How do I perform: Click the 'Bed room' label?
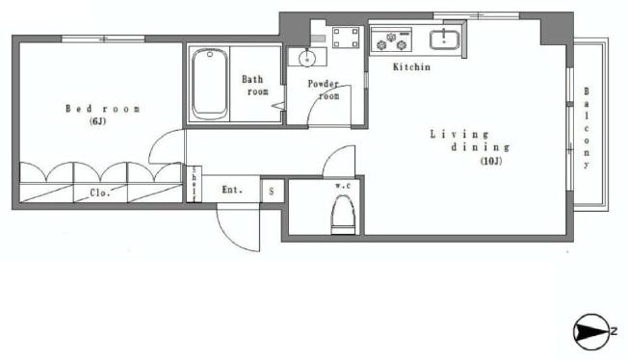click(103, 109)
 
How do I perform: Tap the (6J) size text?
click(100, 123)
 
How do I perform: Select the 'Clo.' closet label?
click(100, 193)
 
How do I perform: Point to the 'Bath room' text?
click(255, 85)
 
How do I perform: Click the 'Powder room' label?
click(324, 89)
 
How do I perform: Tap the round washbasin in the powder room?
click(306, 58)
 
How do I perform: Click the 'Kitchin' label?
click(411, 67)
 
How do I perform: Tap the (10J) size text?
click(492, 161)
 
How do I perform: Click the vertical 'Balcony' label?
click(587, 129)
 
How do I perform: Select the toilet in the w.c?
click(341, 214)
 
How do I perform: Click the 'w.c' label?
click(342, 185)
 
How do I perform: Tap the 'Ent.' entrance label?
click(232, 190)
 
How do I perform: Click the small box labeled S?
click(272, 191)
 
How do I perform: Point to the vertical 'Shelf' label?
click(195, 184)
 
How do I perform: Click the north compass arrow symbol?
click(589, 331)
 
